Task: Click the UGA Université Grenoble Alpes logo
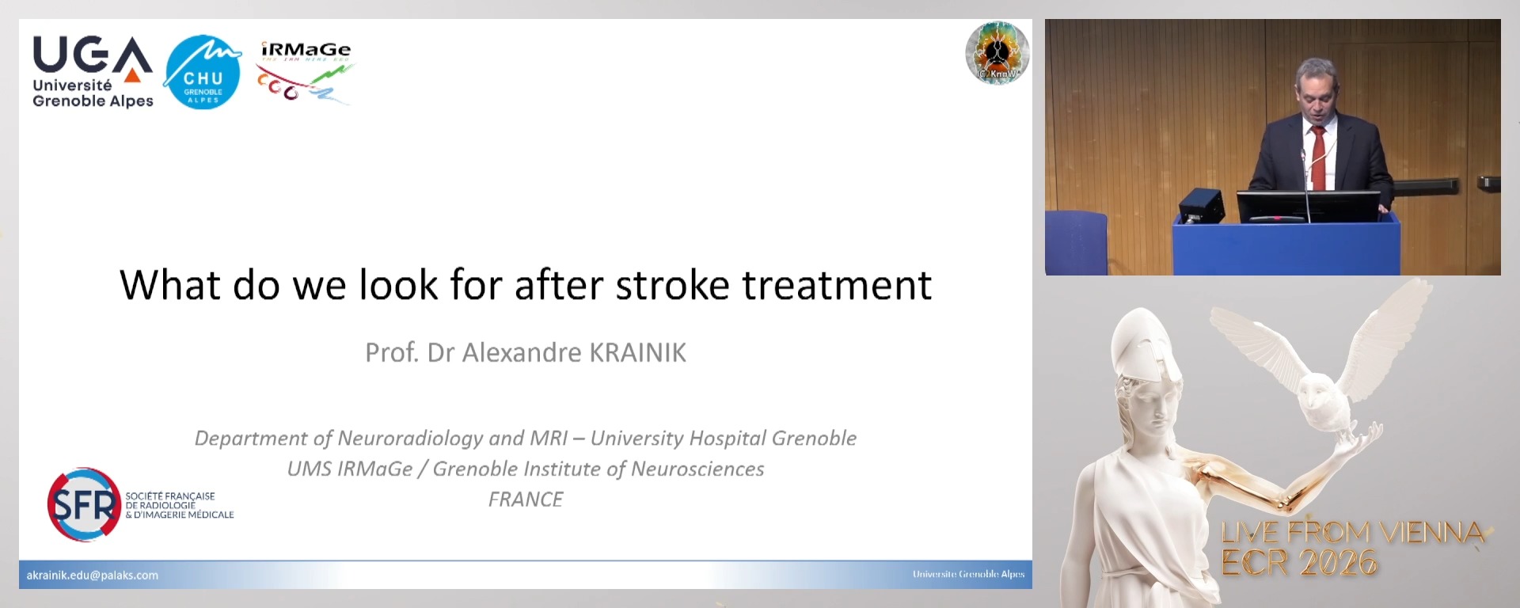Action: pyautogui.click(x=93, y=72)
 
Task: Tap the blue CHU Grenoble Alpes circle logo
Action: pyautogui.click(x=203, y=73)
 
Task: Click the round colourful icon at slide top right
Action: pyautogui.click(x=997, y=53)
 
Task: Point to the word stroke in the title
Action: pyautogui.click(x=672, y=285)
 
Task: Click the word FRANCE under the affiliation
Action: pyautogui.click(x=526, y=500)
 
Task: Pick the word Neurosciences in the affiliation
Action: pyautogui.click(x=697, y=469)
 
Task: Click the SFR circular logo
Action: pyautogui.click(x=84, y=504)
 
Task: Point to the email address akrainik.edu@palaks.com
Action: pyautogui.click(x=93, y=576)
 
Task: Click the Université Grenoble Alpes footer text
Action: pyautogui.click(x=968, y=574)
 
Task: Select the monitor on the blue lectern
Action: pyautogui.click(x=1307, y=207)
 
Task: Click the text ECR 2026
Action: pyautogui.click(x=1299, y=563)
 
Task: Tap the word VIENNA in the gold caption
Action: pyautogui.click(x=1432, y=532)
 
